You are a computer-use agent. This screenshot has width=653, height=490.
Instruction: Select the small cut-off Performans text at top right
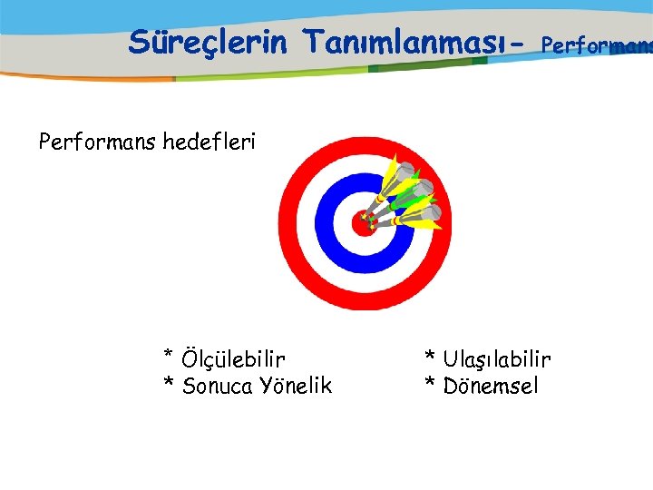[x=595, y=44]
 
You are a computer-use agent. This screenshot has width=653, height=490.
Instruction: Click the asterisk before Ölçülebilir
[x=169, y=356]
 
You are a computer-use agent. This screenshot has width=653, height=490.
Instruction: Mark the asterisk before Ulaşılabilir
[x=431, y=356]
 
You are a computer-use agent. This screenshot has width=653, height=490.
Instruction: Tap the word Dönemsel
[x=491, y=387]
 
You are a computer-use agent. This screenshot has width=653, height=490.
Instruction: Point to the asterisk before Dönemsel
[x=431, y=383]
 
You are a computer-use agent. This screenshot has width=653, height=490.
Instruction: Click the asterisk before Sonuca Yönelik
[x=169, y=383]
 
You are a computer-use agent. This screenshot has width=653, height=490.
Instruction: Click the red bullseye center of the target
[x=362, y=223]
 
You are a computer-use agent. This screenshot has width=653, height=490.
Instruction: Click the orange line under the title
[x=91, y=78]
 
